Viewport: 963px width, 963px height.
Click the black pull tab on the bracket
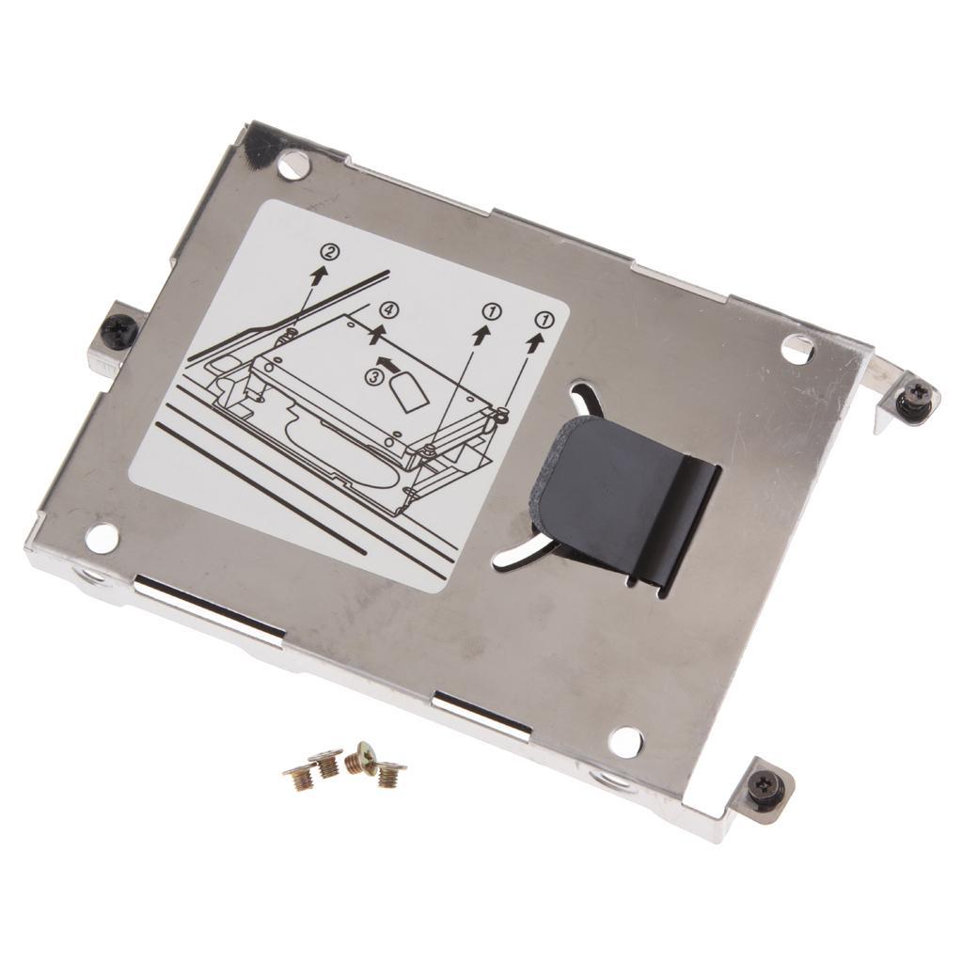coord(621,498)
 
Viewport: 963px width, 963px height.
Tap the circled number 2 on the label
coord(329,252)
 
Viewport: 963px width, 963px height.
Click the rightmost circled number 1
coord(542,319)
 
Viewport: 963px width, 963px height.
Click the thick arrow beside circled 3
coord(385,362)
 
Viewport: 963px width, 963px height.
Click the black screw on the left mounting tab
coord(119,330)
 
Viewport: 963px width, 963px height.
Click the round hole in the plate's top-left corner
coord(293,166)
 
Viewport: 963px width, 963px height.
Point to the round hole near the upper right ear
coord(797,350)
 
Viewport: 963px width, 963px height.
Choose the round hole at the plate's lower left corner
coord(102,538)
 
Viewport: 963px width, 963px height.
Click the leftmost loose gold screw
coord(299,778)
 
